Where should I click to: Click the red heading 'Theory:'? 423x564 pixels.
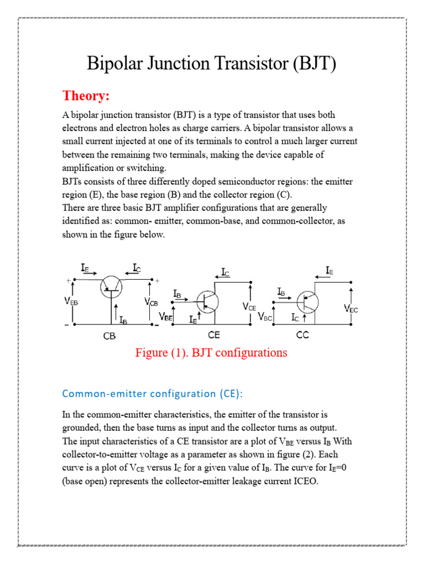pyautogui.click(x=86, y=96)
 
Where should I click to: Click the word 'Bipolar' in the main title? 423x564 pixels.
pyautogui.click(x=113, y=64)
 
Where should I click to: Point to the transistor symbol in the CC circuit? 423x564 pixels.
pyautogui.click(x=307, y=301)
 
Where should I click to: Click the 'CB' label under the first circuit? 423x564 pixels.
pyautogui.click(x=110, y=335)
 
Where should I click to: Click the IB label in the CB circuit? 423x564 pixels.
pyautogui.click(x=123, y=318)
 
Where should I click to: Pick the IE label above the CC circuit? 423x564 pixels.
pyautogui.click(x=329, y=270)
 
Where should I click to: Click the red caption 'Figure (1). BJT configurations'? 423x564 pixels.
pyautogui.click(x=211, y=352)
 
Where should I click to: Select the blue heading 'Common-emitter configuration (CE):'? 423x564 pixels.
pyautogui.click(x=152, y=393)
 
